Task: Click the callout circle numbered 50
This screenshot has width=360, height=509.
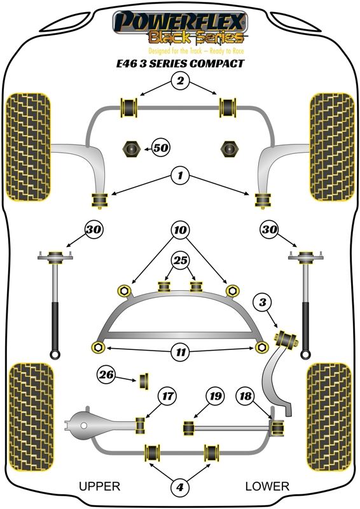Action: coord(161,148)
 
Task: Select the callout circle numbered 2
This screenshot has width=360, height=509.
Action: coord(180,80)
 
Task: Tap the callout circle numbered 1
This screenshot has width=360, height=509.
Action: coord(180,176)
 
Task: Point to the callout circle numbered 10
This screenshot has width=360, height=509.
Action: coord(181,230)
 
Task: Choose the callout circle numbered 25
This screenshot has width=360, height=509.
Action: coord(181,260)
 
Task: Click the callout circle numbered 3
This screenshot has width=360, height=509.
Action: coord(263,303)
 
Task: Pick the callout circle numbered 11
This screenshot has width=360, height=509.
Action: coord(181,352)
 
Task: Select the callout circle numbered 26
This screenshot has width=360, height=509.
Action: coord(106,375)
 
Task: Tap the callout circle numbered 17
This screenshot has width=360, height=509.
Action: coord(167,396)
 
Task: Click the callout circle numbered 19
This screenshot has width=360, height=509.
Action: coord(215,396)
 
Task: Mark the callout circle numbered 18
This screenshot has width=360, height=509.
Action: coord(246,396)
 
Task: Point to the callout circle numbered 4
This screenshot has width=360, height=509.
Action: coord(180,487)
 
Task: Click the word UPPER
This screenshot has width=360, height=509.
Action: coord(99,486)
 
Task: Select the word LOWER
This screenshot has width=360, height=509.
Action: coord(267,486)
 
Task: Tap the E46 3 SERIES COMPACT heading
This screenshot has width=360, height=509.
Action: coord(180,63)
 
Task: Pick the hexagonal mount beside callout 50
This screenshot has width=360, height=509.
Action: coord(131,149)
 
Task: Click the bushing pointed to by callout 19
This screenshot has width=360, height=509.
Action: coord(189,428)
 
